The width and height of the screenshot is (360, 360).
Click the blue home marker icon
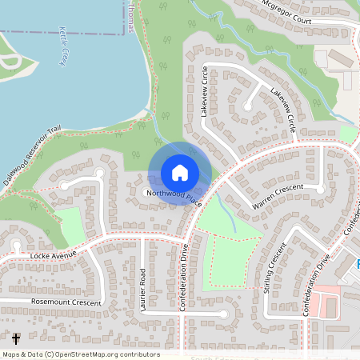180,173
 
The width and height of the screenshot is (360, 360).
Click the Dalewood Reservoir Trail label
31,156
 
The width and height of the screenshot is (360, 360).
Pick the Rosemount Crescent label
66,302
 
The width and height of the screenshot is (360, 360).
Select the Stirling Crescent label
274,270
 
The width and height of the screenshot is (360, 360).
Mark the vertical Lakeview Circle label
204,92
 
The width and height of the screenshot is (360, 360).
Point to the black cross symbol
16,339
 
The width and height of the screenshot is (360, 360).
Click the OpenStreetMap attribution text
81,354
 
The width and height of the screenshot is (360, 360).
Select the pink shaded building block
325,305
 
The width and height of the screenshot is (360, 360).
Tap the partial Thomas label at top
130,16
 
